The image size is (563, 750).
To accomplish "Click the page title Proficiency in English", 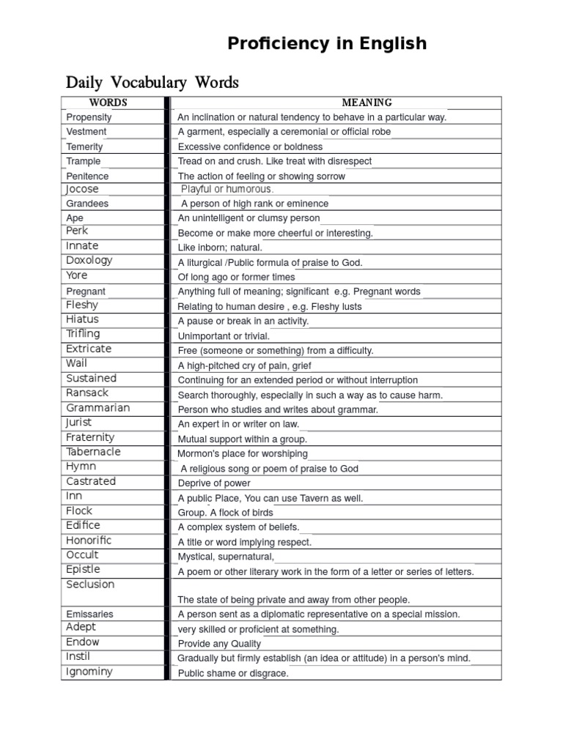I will pyautogui.click(x=326, y=43).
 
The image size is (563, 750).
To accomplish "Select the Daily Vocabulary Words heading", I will pyautogui.click(x=152, y=81).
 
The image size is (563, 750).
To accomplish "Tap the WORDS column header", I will pyautogui.click(x=108, y=103).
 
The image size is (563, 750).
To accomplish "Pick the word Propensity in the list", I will pyautogui.click(x=89, y=117).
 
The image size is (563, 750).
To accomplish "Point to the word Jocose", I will pyautogui.click(x=81, y=189).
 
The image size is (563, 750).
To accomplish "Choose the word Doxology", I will pyautogui.click(x=89, y=261).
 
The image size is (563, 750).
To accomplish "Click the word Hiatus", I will pyautogui.click(x=82, y=319).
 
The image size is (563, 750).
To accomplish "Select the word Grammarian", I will pyautogui.click(x=97, y=408).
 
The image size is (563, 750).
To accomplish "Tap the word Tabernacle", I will pyautogui.click(x=93, y=452).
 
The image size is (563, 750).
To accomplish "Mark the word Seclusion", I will pyautogui.click(x=90, y=584).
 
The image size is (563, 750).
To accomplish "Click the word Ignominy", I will pyautogui.click(x=89, y=672).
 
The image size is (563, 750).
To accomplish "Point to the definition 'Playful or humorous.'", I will pyautogui.click(x=227, y=189).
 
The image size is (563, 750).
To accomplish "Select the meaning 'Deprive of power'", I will pyautogui.click(x=214, y=483).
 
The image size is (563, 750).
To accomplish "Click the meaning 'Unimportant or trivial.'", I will pyautogui.click(x=224, y=336).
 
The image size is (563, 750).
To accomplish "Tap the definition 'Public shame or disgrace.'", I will pyautogui.click(x=233, y=673).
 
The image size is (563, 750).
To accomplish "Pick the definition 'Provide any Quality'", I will pyautogui.click(x=219, y=644).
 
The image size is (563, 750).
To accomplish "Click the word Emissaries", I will pyautogui.click(x=89, y=614).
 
